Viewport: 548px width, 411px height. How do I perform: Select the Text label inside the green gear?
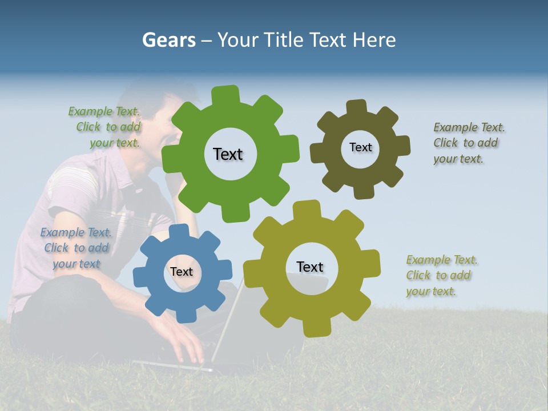click(228, 154)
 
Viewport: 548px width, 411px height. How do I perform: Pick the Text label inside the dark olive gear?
click(360, 147)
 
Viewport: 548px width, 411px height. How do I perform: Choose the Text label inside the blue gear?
click(181, 272)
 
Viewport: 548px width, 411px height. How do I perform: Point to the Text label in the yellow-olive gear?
click(310, 267)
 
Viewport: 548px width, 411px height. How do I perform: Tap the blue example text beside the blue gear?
click(76, 248)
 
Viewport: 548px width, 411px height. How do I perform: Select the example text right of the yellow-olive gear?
click(441, 275)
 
